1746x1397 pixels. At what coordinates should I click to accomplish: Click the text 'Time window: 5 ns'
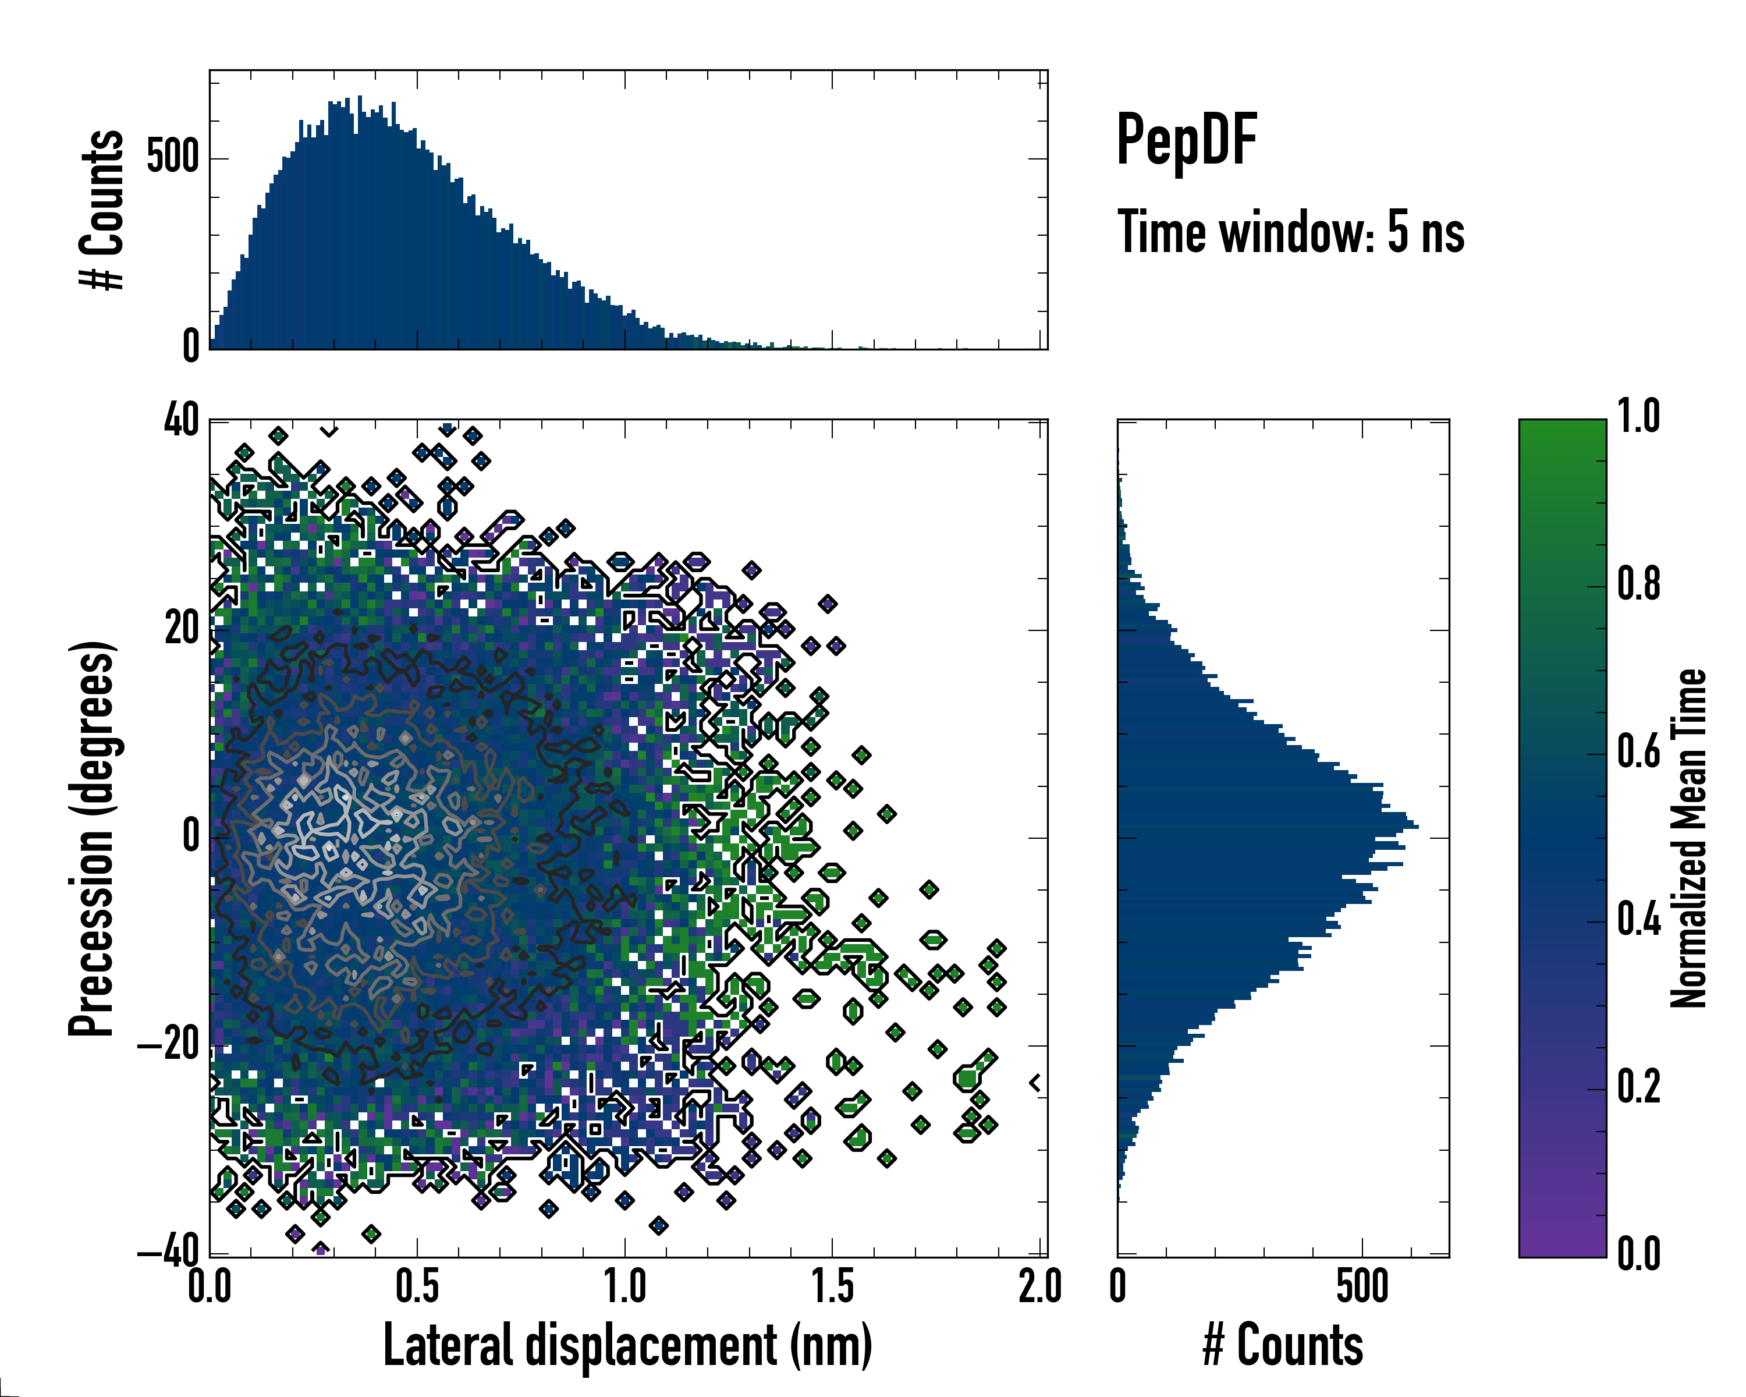pyautogui.click(x=1291, y=232)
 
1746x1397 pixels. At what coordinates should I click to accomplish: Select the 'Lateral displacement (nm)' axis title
pyautogui.click(x=627, y=1345)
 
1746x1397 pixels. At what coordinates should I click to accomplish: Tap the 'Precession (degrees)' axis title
pyautogui.click(x=91, y=838)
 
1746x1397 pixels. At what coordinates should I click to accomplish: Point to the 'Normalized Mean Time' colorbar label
pyautogui.click(x=1688, y=838)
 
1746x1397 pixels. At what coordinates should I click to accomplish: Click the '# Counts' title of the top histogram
pyautogui.click(x=102, y=210)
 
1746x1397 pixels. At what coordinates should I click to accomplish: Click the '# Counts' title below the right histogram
pyautogui.click(x=1283, y=1345)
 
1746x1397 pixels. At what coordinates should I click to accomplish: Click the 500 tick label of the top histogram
pyautogui.click(x=172, y=157)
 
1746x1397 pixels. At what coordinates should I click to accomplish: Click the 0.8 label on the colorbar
pyautogui.click(x=1638, y=584)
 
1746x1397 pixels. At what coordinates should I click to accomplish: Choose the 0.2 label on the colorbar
pyautogui.click(x=1638, y=1086)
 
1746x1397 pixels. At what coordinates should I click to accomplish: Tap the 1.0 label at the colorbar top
pyautogui.click(x=1638, y=416)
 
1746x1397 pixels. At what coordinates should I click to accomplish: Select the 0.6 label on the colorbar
pyautogui.click(x=1638, y=751)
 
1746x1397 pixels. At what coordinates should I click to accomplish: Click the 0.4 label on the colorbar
pyautogui.click(x=1638, y=919)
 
